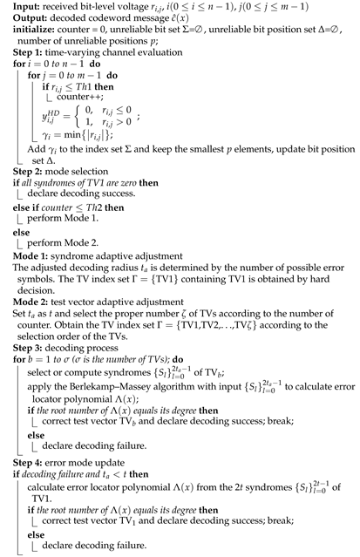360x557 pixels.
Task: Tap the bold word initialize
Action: click(24, 29)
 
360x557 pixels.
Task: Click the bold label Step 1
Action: click(18, 51)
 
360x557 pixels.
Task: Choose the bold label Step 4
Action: click(18, 473)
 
